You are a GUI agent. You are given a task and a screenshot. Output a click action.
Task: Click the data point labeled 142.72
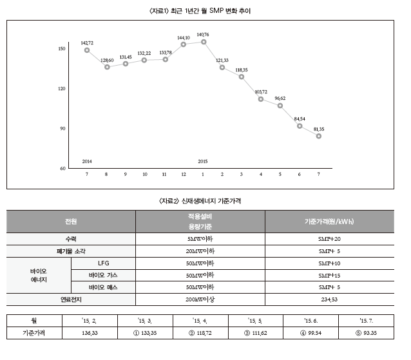coord(87,50)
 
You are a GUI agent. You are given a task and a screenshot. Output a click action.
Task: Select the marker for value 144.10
coord(184,44)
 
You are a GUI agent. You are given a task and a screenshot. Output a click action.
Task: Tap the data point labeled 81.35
coord(318,136)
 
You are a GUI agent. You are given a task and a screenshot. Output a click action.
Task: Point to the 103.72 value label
coord(261,91)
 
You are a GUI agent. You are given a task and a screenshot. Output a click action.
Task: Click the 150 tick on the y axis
coord(61,49)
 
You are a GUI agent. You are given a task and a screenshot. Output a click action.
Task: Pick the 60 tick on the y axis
coord(61,168)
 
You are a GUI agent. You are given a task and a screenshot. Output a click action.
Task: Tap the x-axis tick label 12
coord(184,175)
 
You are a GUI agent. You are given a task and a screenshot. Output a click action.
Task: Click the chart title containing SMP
coord(204,11)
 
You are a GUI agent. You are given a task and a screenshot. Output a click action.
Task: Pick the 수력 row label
coord(71,239)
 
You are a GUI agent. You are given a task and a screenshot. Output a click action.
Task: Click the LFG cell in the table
coord(104,263)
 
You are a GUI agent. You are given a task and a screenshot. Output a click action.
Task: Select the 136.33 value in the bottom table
coord(91,333)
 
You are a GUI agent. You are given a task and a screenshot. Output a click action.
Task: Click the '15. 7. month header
coord(368,319)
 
